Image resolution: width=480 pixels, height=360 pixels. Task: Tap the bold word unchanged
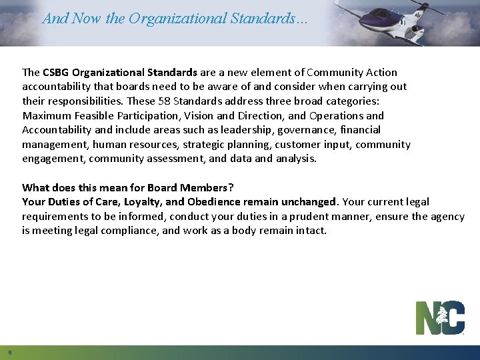tap(308, 201)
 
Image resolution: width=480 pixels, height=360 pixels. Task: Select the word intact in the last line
tap(311, 231)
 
